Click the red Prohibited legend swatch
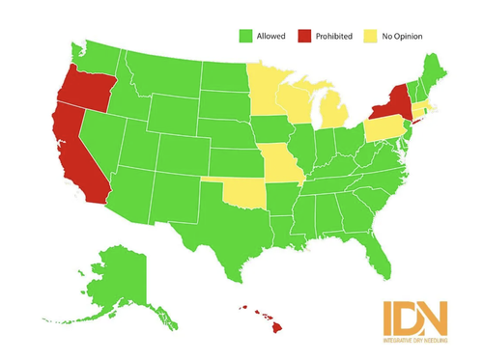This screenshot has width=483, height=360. (307, 36)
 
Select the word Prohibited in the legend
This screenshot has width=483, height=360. (334, 36)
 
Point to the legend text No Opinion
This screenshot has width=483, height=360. (403, 36)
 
